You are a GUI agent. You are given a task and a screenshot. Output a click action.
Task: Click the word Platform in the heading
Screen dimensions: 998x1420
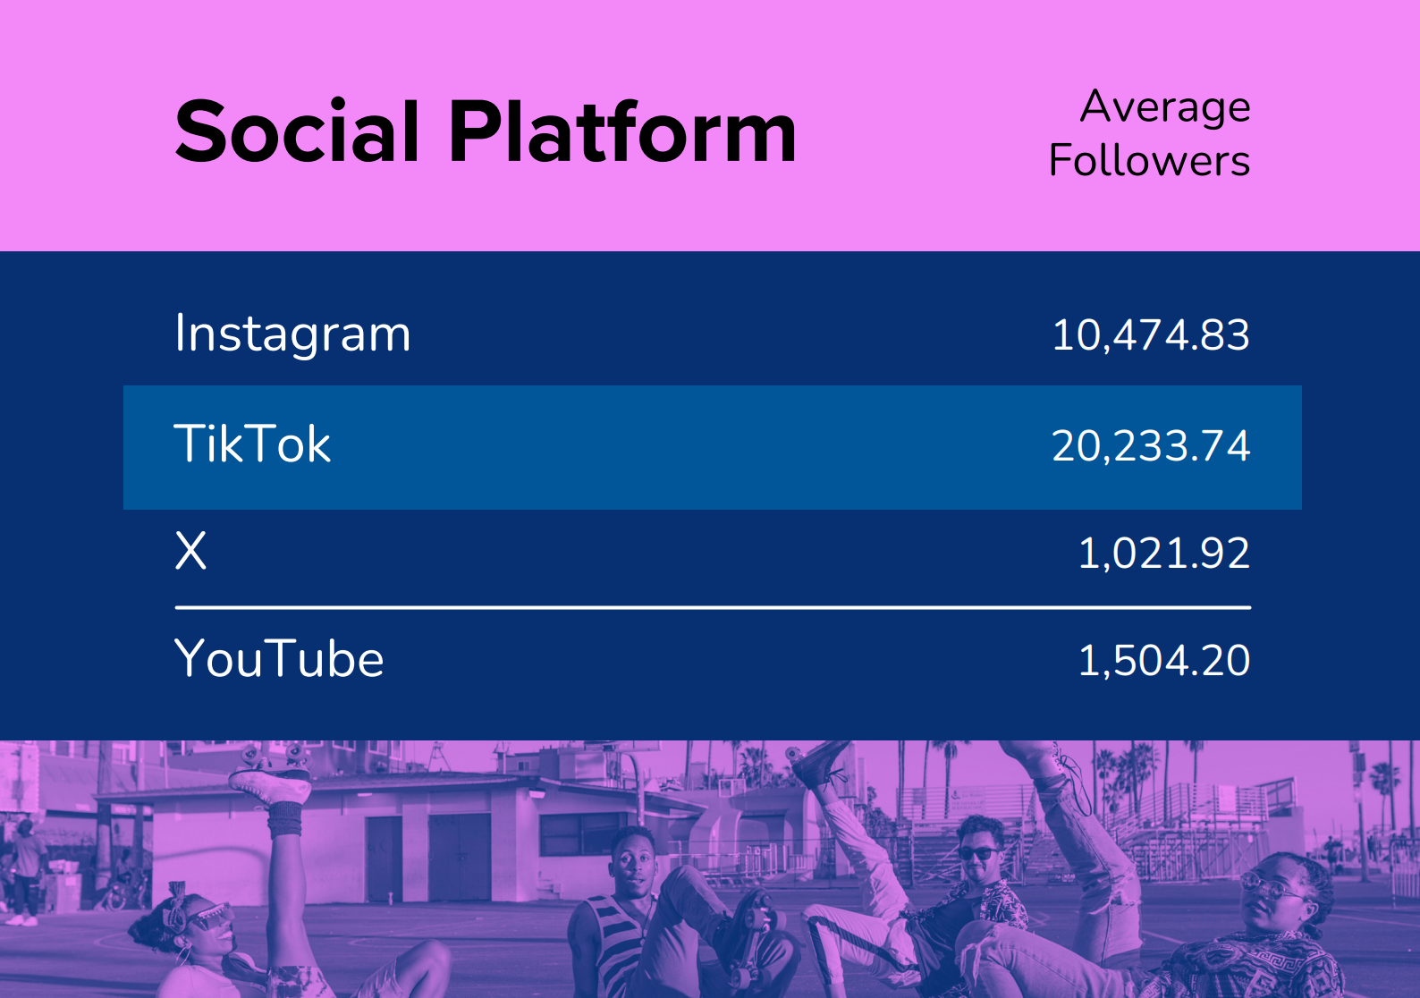coord(621,132)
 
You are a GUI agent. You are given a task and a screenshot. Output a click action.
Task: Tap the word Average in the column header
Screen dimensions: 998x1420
coord(1164,107)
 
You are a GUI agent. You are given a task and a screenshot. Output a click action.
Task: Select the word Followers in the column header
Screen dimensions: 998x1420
coord(1149,161)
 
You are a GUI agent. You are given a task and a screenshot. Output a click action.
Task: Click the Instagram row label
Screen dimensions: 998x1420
coord(292,334)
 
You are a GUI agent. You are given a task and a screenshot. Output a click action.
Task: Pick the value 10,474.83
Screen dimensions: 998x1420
coord(1150,335)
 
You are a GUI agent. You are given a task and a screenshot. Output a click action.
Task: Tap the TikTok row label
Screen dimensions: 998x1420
coord(252,444)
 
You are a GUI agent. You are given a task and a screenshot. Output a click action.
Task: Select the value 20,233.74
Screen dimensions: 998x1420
coord(1150,446)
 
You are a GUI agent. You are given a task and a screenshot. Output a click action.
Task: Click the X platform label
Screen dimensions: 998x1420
coord(190,551)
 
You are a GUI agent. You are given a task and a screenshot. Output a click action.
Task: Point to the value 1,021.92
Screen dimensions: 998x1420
coord(1163,554)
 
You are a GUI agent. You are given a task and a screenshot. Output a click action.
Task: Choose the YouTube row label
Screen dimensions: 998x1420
coord(279,659)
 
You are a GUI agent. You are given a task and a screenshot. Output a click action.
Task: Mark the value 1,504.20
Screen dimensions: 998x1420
coord(1163,661)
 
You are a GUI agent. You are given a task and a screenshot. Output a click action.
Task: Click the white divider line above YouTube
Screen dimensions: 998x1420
coord(712,607)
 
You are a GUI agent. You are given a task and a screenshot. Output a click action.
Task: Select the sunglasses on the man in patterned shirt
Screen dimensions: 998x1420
coord(976,853)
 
